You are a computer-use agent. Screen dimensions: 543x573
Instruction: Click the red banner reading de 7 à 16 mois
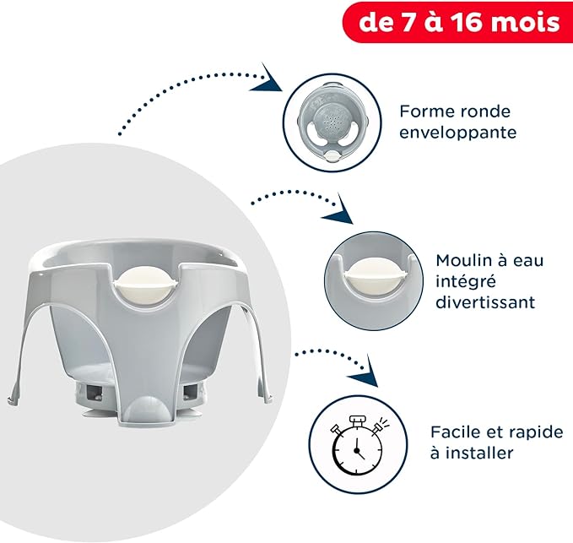[459, 22]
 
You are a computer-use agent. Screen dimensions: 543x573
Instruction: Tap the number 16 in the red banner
[478, 22]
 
